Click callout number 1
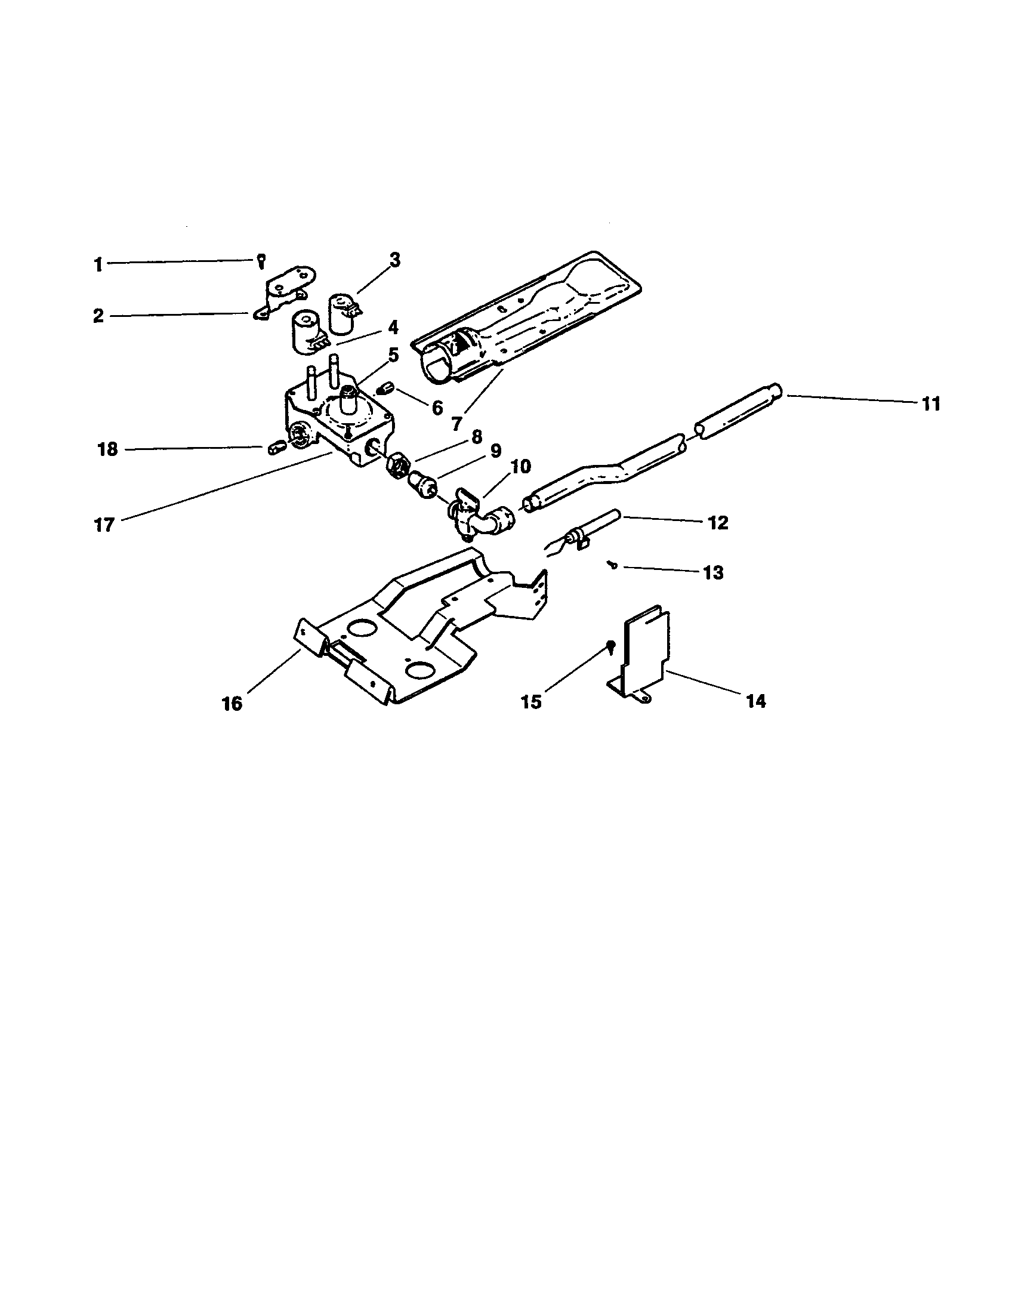pyautogui.click(x=98, y=264)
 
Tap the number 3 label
pyautogui.click(x=394, y=260)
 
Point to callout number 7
pyautogui.click(x=457, y=424)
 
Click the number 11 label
pyautogui.click(x=931, y=404)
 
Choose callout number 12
pyautogui.click(x=718, y=522)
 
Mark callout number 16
pyautogui.click(x=232, y=704)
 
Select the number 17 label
pyautogui.click(x=104, y=525)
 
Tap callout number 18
pyautogui.click(x=107, y=449)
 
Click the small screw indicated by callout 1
pyautogui.click(x=261, y=260)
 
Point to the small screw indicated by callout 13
pyautogui.click(x=612, y=564)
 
